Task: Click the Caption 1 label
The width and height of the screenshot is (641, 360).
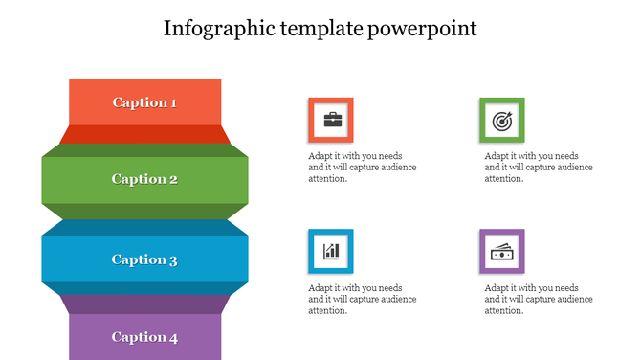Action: tap(144, 102)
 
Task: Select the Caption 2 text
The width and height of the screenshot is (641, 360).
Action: tap(144, 179)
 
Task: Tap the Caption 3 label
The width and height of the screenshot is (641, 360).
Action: tap(144, 259)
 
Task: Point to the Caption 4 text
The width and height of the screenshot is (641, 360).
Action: tap(144, 337)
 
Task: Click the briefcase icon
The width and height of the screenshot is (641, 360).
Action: tap(331, 120)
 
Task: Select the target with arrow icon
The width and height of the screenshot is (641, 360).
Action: tap(501, 121)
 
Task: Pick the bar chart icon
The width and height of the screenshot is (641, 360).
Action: tap(331, 252)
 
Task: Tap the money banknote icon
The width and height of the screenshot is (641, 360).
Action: tap(501, 252)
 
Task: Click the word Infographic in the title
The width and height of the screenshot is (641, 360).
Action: tap(216, 28)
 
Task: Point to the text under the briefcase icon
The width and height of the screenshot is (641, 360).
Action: tap(362, 167)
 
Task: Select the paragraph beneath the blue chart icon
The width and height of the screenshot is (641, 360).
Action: tap(362, 299)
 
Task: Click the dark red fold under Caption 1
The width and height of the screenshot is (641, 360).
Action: tap(144, 134)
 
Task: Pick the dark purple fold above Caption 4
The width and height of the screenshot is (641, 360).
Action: tap(144, 304)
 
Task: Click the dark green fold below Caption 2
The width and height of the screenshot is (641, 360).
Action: tap(144, 212)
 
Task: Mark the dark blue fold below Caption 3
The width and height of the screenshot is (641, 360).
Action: tap(144, 288)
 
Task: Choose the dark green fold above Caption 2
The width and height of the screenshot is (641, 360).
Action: tap(144, 150)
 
